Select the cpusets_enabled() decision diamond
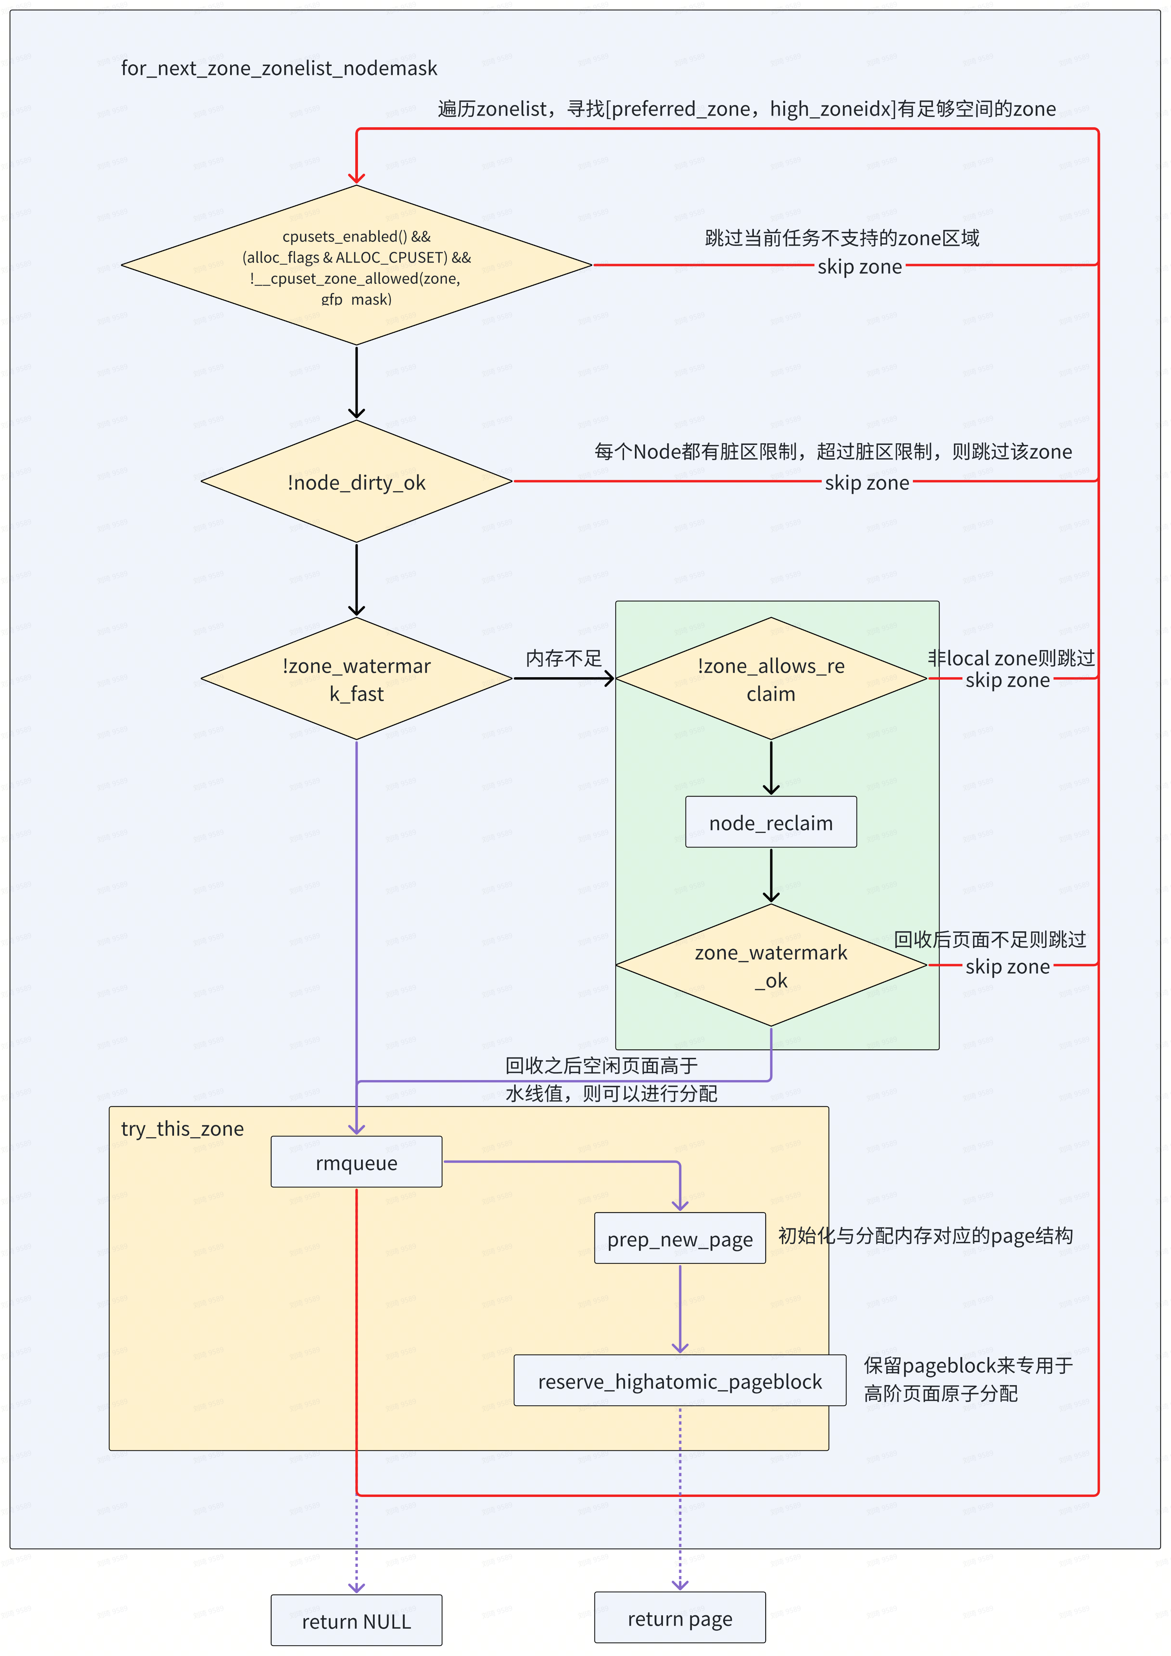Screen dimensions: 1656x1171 click(x=356, y=265)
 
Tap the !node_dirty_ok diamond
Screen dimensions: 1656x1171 click(x=356, y=482)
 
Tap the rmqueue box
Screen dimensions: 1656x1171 click(x=356, y=1162)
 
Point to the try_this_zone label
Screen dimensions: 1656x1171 click(x=183, y=1129)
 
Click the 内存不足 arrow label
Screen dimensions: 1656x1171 click(x=563, y=658)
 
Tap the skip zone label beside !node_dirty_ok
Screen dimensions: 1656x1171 click(x=867, y=483)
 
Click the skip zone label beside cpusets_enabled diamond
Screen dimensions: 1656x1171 click(x=860, y=267)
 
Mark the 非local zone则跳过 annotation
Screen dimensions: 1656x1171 click(x=1011, y=658)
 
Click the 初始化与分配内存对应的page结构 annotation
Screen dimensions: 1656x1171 click(x=925, y=1236)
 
